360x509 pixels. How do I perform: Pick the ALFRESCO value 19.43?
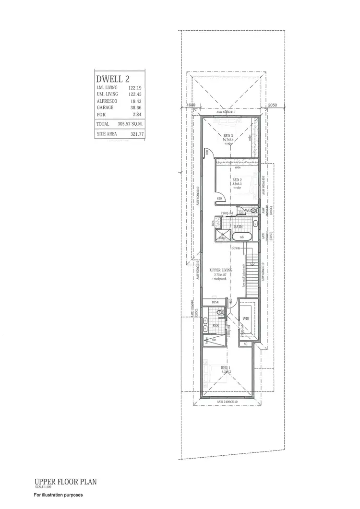(136, 102)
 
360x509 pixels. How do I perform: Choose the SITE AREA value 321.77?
(136, 134)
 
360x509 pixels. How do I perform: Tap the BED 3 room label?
(228, 136)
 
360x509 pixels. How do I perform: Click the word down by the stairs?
(236, 248)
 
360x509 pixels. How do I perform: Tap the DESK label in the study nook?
(209, 302)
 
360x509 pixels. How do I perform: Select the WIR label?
(246, 319)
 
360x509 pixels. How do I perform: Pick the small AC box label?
(245, 344)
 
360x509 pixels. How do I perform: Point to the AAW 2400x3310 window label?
(228, 401)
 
